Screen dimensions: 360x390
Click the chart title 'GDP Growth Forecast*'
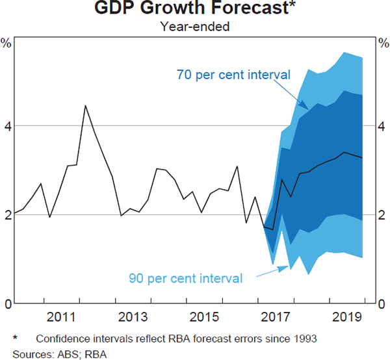[x=194, y=10]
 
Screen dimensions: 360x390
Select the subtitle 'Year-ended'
[x=194, y=27]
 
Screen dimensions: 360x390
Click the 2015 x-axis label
[x=205, y=317]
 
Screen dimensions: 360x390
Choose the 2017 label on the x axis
[x=276, y=317]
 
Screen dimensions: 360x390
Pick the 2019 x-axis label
[x=348, y=317]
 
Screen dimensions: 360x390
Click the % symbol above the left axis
[x=6, y=44]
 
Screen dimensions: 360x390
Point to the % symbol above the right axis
[x=383, y=44]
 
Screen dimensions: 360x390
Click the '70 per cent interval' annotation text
[x=233, y=74]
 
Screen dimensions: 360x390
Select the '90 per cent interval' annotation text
[x=186, y=279]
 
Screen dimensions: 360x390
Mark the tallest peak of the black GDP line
[x=86, y=105]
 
